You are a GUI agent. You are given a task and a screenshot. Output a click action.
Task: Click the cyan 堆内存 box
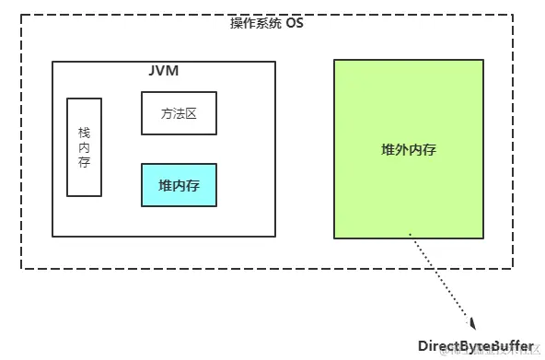[179, 185]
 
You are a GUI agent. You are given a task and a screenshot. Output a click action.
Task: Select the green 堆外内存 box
[408, 149]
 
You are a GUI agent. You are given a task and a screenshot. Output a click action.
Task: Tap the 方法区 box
[179, 114]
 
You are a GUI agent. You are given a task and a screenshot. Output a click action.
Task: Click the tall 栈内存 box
[85, 147]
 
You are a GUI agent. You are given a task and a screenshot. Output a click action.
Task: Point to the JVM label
[163, 70]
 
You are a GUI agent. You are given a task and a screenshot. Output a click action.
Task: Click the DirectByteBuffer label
[475, 345]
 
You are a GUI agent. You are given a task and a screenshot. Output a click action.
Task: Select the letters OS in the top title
[295, 22]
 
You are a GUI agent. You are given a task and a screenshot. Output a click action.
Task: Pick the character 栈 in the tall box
[85, 132]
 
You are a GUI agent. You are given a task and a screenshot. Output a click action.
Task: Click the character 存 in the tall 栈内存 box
[85, 163]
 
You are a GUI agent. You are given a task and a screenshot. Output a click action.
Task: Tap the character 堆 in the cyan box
[165, 185]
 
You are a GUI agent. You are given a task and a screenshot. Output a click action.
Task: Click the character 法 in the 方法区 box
[179, 114]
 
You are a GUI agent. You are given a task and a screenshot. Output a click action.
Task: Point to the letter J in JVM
[153, 70]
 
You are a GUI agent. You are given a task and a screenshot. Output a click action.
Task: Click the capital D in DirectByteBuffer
[423, 345]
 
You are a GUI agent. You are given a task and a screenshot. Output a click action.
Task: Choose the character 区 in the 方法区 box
[191, 114]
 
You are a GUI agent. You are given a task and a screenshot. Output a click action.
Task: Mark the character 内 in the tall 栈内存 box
[85, 147]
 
